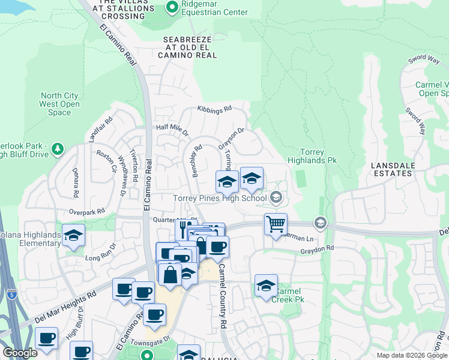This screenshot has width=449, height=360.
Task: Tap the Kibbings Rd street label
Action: pos(214,109)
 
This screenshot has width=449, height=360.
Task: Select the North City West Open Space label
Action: pos(59,104)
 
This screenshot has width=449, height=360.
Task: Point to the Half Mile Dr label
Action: pos(172,128)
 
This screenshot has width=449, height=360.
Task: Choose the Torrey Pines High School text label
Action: pos(220,198)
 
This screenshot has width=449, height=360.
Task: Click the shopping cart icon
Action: pos(276,224)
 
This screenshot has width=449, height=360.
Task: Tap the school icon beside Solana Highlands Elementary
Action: pos(73,236)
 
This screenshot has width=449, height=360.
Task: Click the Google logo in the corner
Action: pos(20,353)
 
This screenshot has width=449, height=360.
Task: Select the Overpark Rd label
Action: pos(86,211)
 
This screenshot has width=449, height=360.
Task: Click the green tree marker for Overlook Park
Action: pos(58,148)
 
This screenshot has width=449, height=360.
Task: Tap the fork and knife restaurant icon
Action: pos(185,229)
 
